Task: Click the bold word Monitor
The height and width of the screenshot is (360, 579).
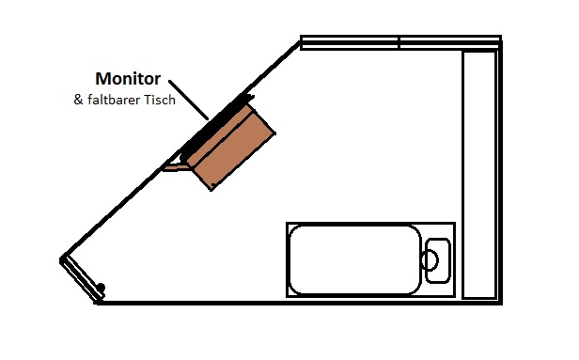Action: [127, 79]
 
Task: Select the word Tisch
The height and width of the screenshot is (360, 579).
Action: [159, 101]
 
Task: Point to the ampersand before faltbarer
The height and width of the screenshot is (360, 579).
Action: [78, 101]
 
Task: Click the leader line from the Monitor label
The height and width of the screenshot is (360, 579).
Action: [190, 101]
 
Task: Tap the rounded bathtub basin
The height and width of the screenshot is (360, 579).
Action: [353, 259]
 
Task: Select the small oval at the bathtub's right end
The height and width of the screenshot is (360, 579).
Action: [434, 258]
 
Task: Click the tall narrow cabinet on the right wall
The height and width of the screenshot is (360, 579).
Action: [478, 174]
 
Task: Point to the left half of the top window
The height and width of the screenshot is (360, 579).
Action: [350, 42]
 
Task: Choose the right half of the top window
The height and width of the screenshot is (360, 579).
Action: [449, 42]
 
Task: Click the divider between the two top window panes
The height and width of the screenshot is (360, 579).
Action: [399, 42]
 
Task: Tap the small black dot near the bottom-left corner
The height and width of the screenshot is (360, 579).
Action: [101, 287]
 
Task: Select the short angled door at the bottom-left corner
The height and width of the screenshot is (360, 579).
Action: [79, 278]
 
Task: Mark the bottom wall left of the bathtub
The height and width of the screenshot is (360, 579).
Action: [188, 303]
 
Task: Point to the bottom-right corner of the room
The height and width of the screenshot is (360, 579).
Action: [499, 303]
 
